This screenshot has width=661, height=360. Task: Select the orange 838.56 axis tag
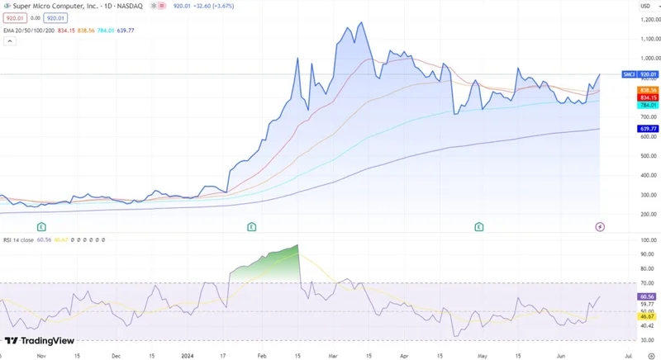[648, 90]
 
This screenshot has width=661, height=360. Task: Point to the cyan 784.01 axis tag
[648, 105]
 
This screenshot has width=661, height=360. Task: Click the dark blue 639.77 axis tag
[648, 129]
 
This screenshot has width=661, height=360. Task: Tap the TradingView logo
[39, 341]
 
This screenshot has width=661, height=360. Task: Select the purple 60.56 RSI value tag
[648, 296]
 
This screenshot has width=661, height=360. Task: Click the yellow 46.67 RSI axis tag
[648, 316]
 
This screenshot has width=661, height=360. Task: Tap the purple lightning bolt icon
[600, 226]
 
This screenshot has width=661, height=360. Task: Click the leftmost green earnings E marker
[41, 226]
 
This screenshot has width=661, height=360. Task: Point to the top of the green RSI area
[297, 245]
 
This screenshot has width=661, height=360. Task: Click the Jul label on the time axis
[630, 355]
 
